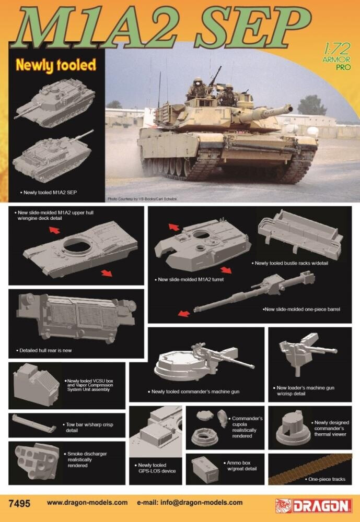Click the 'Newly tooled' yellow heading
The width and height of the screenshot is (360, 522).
pyautogui.click(x=56, y=65)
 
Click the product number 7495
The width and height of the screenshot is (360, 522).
pyautogui.click(x=20, y=504)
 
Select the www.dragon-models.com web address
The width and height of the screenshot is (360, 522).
pyautogui.click(x=87, y=503)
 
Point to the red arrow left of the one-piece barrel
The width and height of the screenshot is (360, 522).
pyautogui.click(x=183, y=313)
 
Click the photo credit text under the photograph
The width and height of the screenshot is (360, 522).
pyautogui.click(x=143, y=199)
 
